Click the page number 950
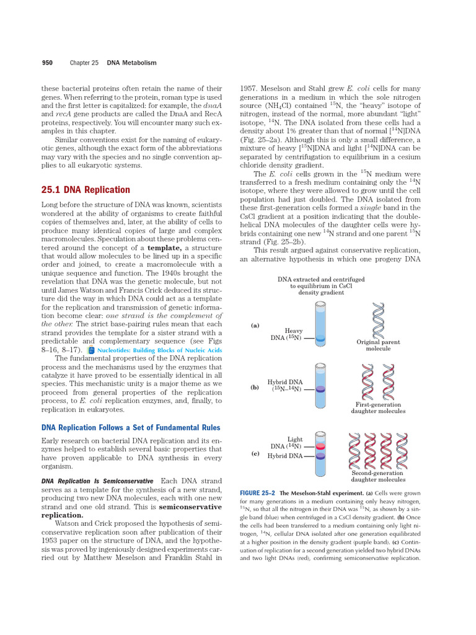pyautogui.click(x=46, y=63)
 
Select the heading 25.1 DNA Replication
pyautogui.click(x=86, y=190)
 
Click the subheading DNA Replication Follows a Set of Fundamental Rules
pyautogui.click(x=130, y=427)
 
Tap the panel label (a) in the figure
pyautogui.click(x=255, y=325)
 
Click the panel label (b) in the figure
pyautogui.click(x=255, y=387)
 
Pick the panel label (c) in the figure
pyautogui.click(x=255, y=453)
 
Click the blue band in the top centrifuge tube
pyautogui.click(x=320, y=339)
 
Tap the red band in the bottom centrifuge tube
pyautogui.click(x=320, y=446)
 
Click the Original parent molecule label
pyautogui.click(x=378, y=345)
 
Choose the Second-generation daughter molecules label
pyautogui.click(x=378, y=476)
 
